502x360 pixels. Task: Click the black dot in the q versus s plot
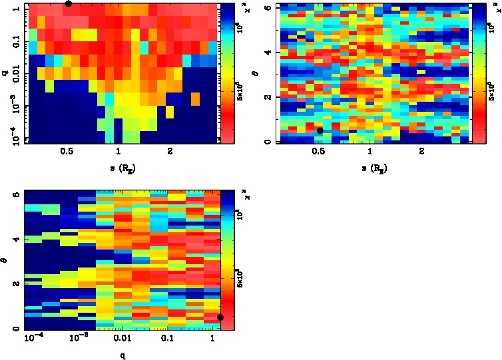click(x=68, y=3)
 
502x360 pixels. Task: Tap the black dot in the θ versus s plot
click(x=320, y=130)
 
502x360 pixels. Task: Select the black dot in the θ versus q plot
click(x=220, y=317)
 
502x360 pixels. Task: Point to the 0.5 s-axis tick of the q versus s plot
click(x=66, y=151)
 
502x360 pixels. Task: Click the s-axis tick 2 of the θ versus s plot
click(x=421, y=151)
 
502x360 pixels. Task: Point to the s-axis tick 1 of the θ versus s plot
click(x=370, y=151)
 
